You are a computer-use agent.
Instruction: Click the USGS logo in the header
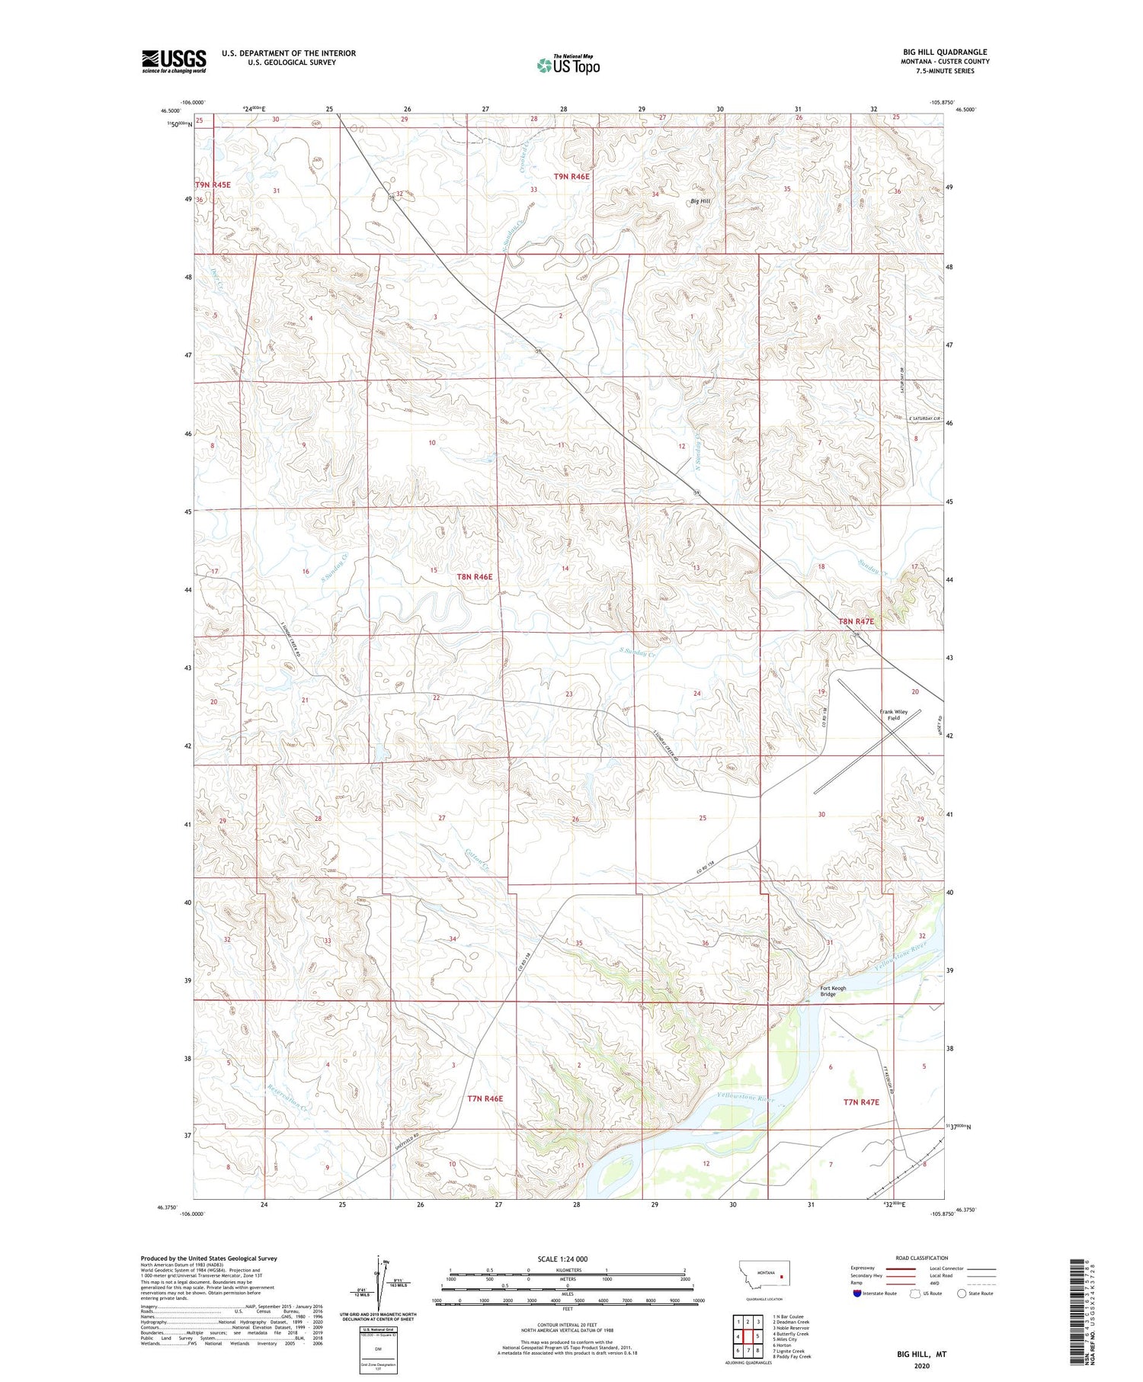pyautogui.click(x=174, y=61)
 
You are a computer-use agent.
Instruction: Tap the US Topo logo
pyautogui.click(x=568, y=66)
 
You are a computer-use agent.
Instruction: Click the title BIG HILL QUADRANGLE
pyautogui.click(x=944, y=52)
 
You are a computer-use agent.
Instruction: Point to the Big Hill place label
pyautogui.click(x=700, y=201)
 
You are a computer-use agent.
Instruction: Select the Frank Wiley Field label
pyautogui.click(x=893, y=714)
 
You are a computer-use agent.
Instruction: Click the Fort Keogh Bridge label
pyautogui.click(x=832, y=991)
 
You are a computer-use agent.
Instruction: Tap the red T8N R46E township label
pyautogui.click(x=474, y=577)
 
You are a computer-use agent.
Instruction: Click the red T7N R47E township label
pyautogui.click(x=861, y=1101)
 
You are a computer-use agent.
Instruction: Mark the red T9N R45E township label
pyautogui.click(x=213, y=185)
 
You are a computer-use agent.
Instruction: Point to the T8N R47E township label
pyautogui.click(x=856, y=621)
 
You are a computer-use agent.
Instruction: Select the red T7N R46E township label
pyautogui.click(x=485, y=1098)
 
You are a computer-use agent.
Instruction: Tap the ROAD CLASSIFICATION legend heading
pyautogui.click(x=921, y=1258)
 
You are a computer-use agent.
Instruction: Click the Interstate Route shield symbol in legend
pyautogui.click(x=857, y=1293)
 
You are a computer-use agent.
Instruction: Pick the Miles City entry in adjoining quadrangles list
pyautogui.click(x=786, y=1339)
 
